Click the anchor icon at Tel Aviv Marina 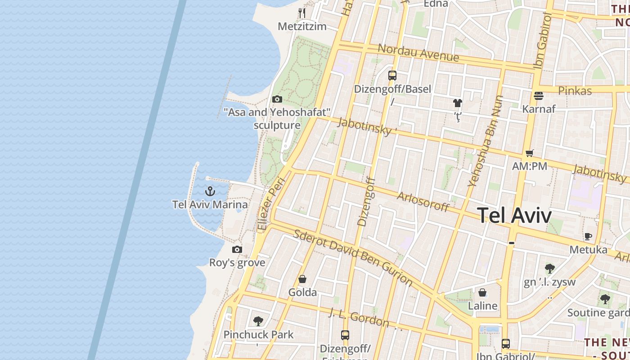[x=210, y=191]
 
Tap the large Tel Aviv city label [x=514, y=216]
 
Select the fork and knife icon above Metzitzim [x=302, y=13]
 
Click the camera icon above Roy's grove [x=237, y=249]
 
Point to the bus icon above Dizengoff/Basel [x=392, y=75]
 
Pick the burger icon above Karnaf [x=539, y=95]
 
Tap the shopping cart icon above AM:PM [x=530, y=153]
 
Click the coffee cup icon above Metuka [x=588, y=236]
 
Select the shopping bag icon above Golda [x=302, y=279]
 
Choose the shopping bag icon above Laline [x=482, y=292]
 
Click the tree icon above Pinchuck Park [x=258, y=321]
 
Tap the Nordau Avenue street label [x=418, y=53]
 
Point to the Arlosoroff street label [x=423, y=202]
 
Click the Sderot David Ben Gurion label [x=353, y=257]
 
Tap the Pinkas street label [x=575, y=90]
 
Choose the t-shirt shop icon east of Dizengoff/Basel [x=458, y=103]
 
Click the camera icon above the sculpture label [x=277, y=99]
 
